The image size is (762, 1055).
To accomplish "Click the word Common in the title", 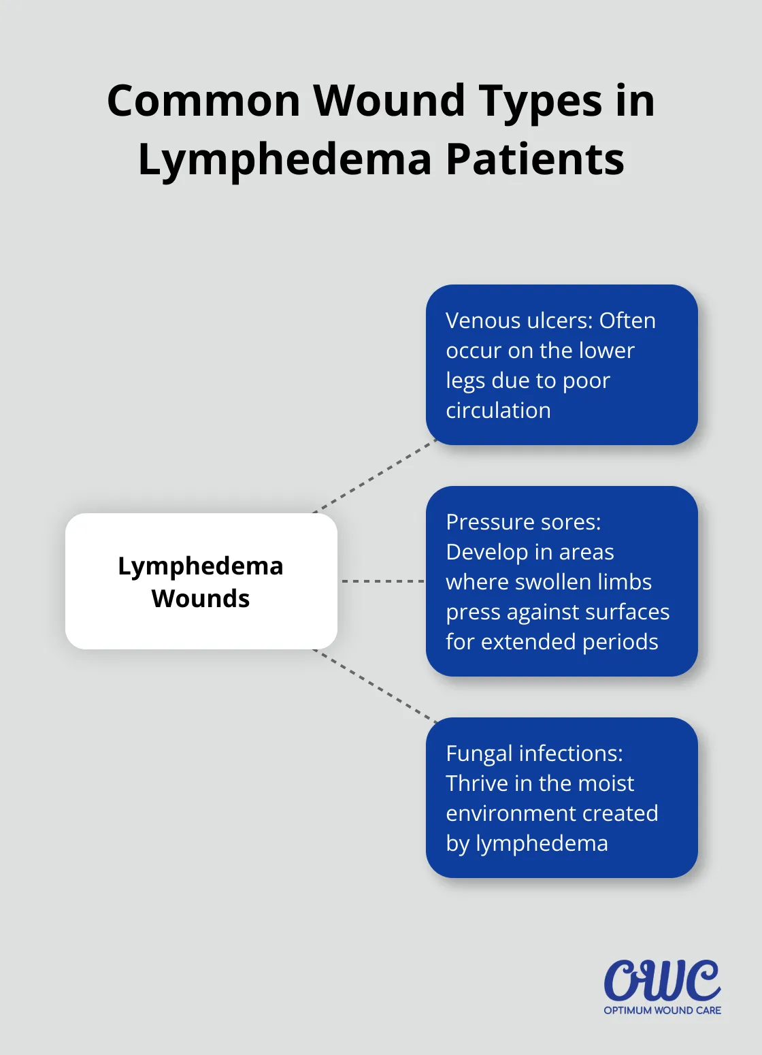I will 203,101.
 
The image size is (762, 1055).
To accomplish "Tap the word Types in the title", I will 540,101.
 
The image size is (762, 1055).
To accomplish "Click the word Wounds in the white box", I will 201,598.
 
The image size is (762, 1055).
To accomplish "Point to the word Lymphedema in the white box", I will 201,566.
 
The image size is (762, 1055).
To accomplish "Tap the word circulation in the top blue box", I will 498,410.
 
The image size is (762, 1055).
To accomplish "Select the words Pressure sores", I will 523,522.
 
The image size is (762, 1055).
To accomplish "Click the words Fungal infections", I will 534,753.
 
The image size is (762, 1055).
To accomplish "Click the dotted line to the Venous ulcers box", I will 374,476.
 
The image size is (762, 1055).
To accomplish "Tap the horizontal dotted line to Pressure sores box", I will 382,581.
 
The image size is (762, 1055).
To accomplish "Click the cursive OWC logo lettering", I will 661,981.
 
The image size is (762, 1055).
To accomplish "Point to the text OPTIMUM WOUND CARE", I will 662,1011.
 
